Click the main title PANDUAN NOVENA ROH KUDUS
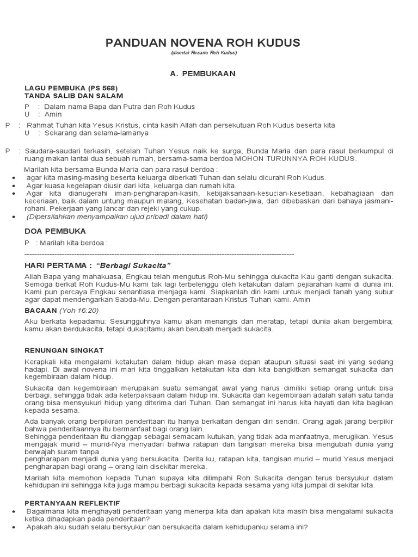(210, 44)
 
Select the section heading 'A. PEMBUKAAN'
(210, 73)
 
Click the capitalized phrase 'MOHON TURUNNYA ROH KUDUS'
(296, 159)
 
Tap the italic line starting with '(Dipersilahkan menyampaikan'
(117, 216)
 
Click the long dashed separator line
(159, 254)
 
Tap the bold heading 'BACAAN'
(41, 310)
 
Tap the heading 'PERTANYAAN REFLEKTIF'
(72, 503)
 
